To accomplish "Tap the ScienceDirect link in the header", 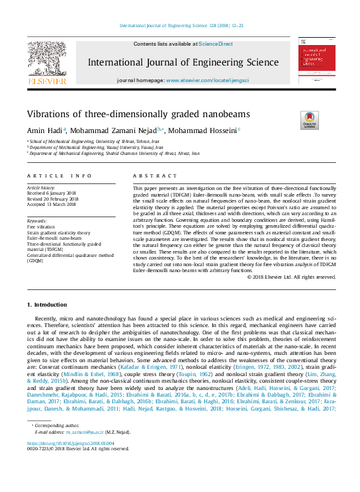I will pos(216,44).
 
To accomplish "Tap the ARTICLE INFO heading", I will pos(60,176).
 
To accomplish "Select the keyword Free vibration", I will pos(41,227).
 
